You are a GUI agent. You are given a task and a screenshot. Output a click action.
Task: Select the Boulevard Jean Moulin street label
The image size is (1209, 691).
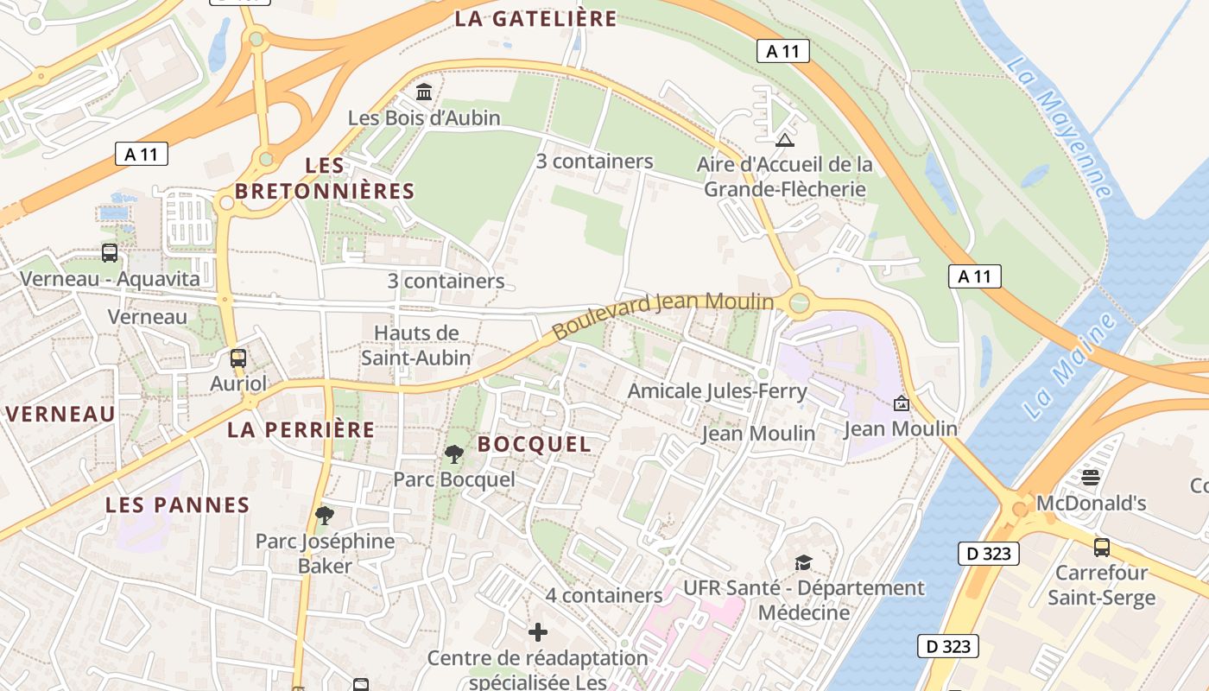pyautogui.click(x=662, y=315)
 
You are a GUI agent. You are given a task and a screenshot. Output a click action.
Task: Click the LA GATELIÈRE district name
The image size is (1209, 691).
pyautogui.click(x=535, y=19)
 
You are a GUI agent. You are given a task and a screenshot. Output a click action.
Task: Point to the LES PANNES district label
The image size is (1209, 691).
pyautogui.click(x=177, y=505)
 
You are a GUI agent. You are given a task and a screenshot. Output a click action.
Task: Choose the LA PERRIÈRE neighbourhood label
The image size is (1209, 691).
pyautogui.click(x=301, y=429)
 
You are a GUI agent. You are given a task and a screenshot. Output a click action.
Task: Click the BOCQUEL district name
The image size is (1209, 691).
pyautogui.click(x=534, y=445)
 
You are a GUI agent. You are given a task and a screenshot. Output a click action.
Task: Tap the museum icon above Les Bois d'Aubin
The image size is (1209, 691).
pyautogui.click(x=424, y=92)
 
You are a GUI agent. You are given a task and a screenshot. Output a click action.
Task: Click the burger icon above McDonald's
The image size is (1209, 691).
pyautogui.click(x=1091, y=478)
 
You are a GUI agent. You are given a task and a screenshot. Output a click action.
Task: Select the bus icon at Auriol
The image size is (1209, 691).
pyautogui.click(x=237, y=358)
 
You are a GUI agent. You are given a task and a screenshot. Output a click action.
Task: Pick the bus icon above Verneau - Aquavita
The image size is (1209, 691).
pyautogui.click(x=110, y=253)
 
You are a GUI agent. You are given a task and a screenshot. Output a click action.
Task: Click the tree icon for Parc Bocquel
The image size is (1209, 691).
pyautogui.click(x=453, y=453)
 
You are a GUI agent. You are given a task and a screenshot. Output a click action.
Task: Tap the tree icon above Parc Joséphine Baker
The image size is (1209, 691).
pyautogui.click(x=325, y=516)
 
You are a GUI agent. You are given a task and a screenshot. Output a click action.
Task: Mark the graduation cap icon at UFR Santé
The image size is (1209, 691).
pyautogui.click(x=803, y=562)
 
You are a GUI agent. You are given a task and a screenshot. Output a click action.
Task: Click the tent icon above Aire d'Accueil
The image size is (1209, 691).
pyautogui.click(x=784, y=140)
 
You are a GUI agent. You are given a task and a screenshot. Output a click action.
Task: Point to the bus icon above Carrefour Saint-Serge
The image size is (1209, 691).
pyautogui.click(x=1101, y=547)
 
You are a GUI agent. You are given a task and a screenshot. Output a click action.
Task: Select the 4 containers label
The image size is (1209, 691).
pyautogui.click(x=604, y=595)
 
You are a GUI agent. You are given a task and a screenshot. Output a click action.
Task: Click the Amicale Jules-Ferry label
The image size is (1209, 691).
pyautogui.click(x=717, y=391)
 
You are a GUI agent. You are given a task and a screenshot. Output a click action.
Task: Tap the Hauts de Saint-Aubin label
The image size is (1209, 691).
pyautogui.click(x=416, y=345)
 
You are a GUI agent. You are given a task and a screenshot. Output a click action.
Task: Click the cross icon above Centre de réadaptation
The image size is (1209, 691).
pyautogui.click(x=538, y=632)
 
